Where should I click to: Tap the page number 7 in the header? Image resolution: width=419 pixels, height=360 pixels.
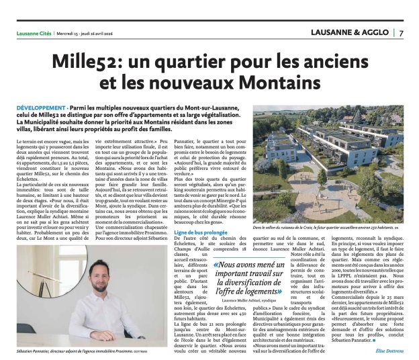click(x=400, y=33)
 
